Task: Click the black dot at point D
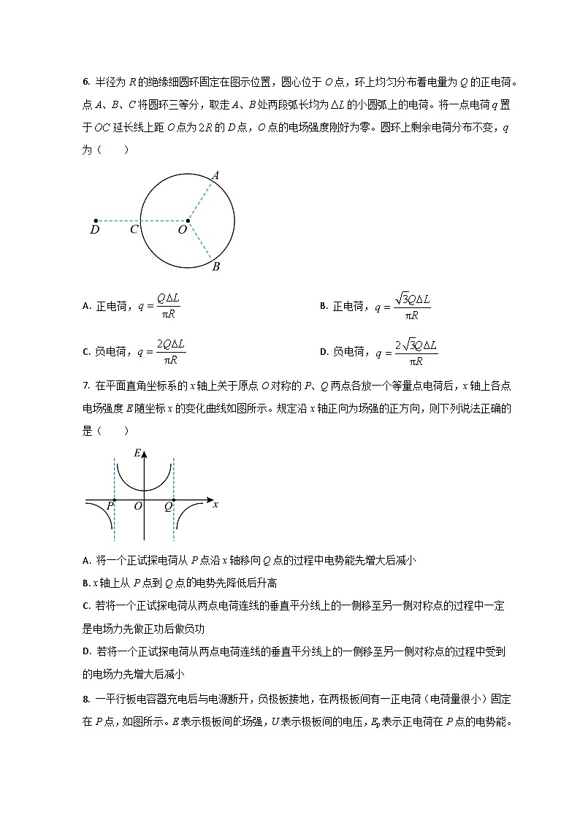[x=96, y=220]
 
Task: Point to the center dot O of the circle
[x=188, y=220]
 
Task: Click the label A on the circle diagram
[x=215, y=175]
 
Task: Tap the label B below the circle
[x=216, y=267]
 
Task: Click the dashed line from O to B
[x=200, y=240]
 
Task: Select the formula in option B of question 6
[x=402, y=307]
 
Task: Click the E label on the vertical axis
[x=137, y=453]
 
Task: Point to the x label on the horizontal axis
[x=215, y=504]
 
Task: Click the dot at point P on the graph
[x=115, y=500]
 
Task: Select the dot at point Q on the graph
[x=173, y=500]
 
